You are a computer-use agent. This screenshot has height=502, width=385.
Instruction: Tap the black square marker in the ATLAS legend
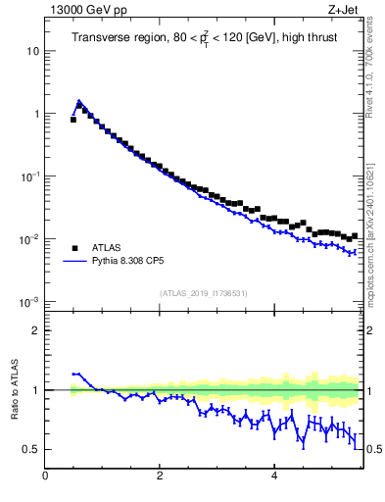tap(74, 248)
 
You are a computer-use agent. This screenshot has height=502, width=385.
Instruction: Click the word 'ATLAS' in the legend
tap(106, 248)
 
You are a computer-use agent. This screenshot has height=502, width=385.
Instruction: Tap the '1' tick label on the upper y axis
tap(35, 114)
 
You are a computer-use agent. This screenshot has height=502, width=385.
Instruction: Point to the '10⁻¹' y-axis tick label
tap(30, 176)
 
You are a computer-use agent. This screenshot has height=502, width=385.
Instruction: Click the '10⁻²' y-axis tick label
tap(30, 238)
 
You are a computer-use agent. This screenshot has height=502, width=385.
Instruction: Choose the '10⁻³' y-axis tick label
tap(30, 301)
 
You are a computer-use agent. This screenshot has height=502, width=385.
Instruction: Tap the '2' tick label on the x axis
tap(160, 477)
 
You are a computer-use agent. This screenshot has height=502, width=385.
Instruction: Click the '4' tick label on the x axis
tap(274, 477)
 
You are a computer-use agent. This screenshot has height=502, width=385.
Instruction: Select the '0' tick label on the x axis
tap(45, 477)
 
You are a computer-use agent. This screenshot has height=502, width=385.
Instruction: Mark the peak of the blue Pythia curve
tap(79, 100)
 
